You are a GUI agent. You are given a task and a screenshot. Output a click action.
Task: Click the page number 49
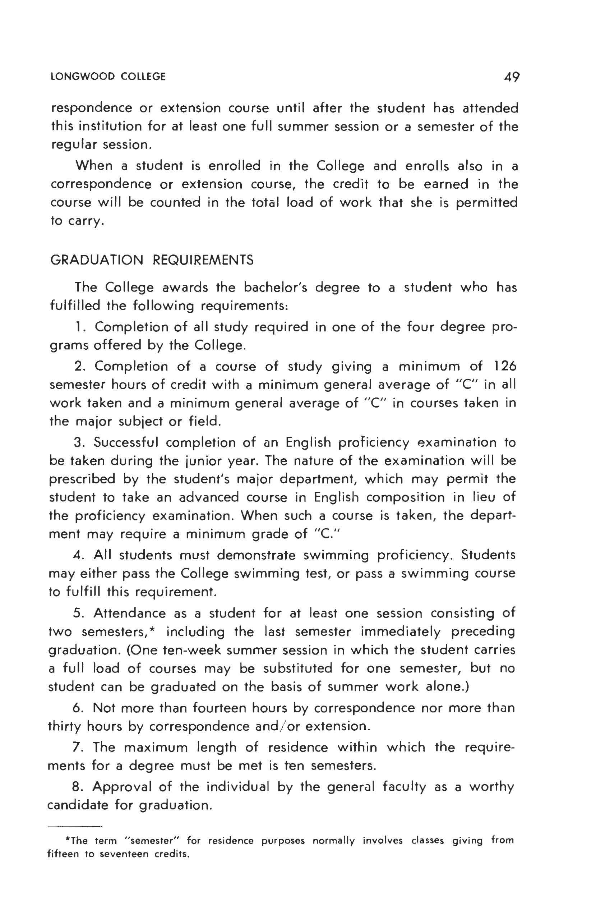[512, 77]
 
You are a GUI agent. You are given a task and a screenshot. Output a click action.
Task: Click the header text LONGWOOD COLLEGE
[108, 77]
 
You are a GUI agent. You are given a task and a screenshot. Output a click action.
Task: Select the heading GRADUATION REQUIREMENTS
[152, 260]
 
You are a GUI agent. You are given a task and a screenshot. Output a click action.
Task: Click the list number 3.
[78, 442]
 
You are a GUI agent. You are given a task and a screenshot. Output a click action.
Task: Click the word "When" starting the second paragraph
[94, 166]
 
